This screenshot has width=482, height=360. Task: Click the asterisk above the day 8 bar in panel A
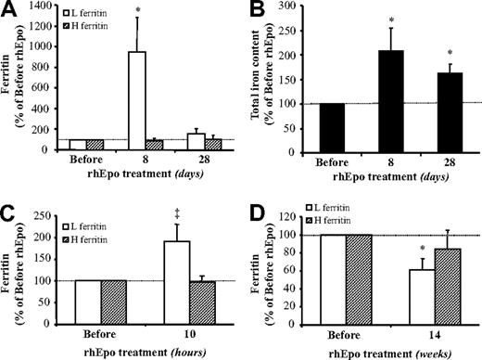pos(138,18)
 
